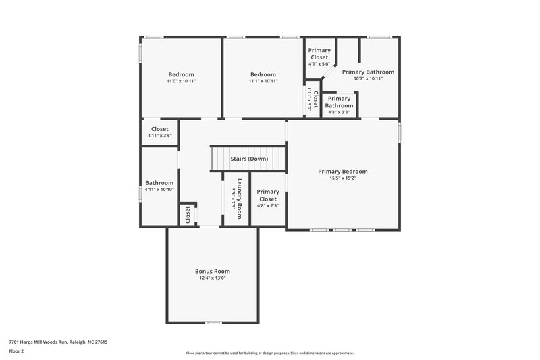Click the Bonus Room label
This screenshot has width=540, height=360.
(x=213, y=271)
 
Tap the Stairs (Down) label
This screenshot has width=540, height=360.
(x=249, y=159)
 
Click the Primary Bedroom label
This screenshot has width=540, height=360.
(x=342, y=171)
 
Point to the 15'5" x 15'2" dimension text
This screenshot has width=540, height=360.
(x=342, y=179)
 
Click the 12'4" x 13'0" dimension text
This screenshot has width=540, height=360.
(x=213, y=278)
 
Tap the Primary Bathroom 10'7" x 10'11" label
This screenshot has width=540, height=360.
(x=368, y=72)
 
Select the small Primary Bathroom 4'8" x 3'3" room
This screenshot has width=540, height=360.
(x=339, y=102)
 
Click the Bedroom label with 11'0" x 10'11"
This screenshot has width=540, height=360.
(x=181, y=74)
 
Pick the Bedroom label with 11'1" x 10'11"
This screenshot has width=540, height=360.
(x=263, y=74)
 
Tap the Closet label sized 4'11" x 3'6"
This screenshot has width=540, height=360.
(x=159, y=129)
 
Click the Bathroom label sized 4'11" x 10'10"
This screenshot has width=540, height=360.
(x=159, y=183)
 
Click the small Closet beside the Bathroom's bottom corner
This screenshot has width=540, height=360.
(x=188, y=214)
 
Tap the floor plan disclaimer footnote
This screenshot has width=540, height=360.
(x=269, y=353)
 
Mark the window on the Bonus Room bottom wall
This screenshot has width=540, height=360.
(x=213, y=323)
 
